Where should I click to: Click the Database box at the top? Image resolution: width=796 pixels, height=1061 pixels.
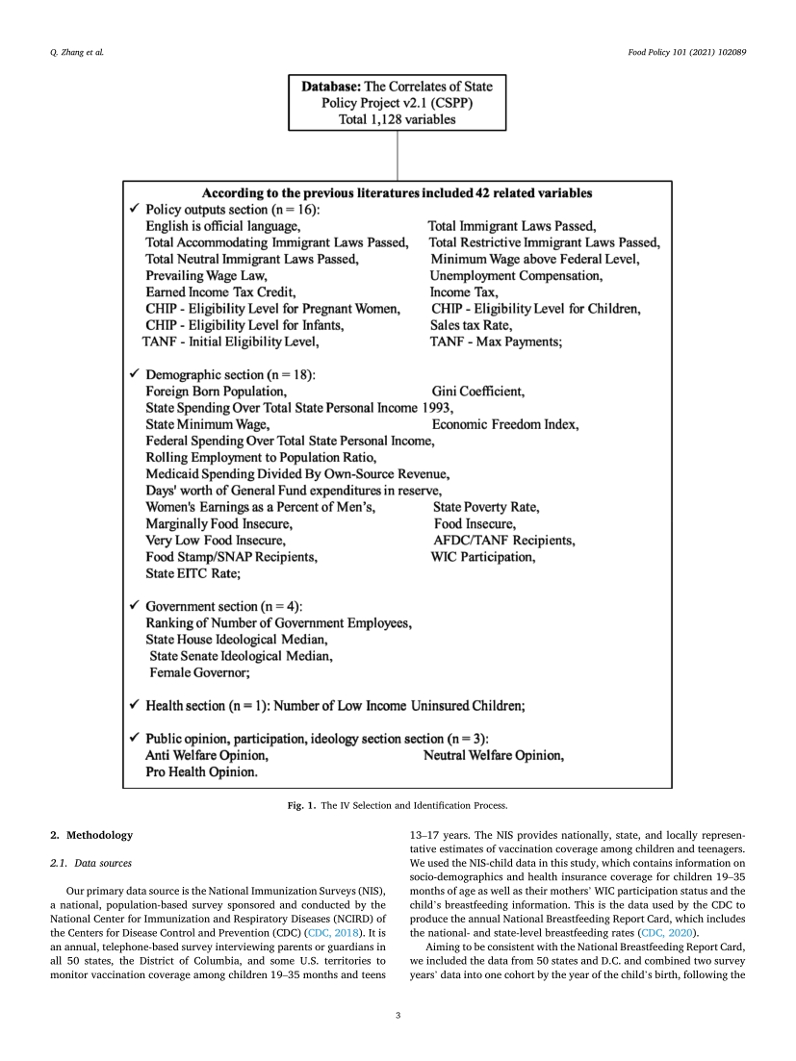tap(398, 103)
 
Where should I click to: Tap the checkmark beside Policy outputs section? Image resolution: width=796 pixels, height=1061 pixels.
tap(134, 209)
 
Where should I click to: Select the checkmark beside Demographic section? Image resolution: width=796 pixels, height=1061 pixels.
tap(134, 374)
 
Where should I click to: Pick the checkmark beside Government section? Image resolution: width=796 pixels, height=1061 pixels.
tap(134, 607)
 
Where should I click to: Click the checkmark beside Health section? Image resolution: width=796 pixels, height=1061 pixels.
tap(134, 706)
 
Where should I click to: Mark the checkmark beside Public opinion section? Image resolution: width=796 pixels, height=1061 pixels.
tap(134, 739)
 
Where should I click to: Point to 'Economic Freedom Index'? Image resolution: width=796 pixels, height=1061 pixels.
tap(505, 424)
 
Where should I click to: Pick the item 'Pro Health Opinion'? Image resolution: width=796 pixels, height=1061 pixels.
tap(201, 772)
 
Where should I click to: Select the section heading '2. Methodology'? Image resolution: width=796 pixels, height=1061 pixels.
tap(91, 834)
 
